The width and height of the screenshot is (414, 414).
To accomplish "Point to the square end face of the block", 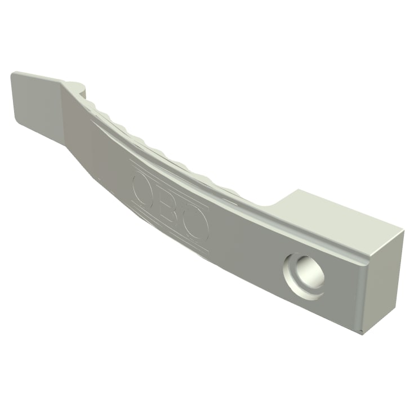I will (383, 282).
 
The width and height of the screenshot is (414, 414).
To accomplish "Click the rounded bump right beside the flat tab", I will (77, 87).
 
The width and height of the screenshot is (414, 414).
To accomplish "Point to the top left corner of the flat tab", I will (13, 73).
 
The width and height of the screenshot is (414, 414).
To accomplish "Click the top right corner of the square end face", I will (402, 230).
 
